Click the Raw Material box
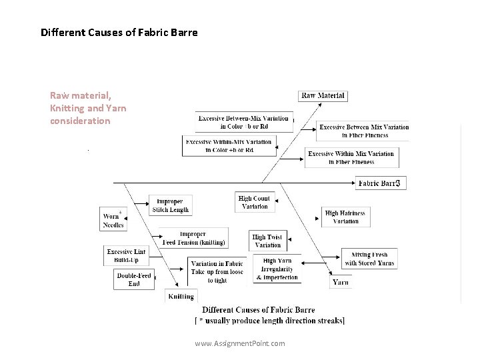point(323,95)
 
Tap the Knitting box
point(181,296)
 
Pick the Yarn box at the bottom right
point(340,282)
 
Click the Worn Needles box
point(113,220)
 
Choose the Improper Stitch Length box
point(170,205)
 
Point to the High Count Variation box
point(254,202)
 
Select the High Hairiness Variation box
point(345,217)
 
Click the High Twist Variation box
point(268,241)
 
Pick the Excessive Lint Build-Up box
point(126,256)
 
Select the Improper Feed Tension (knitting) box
point(193,239)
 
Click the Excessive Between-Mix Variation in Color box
point(243,122)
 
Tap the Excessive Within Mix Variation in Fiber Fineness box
point(351,157)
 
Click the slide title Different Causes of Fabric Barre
point(119,32)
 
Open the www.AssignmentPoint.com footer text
point(239,343)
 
